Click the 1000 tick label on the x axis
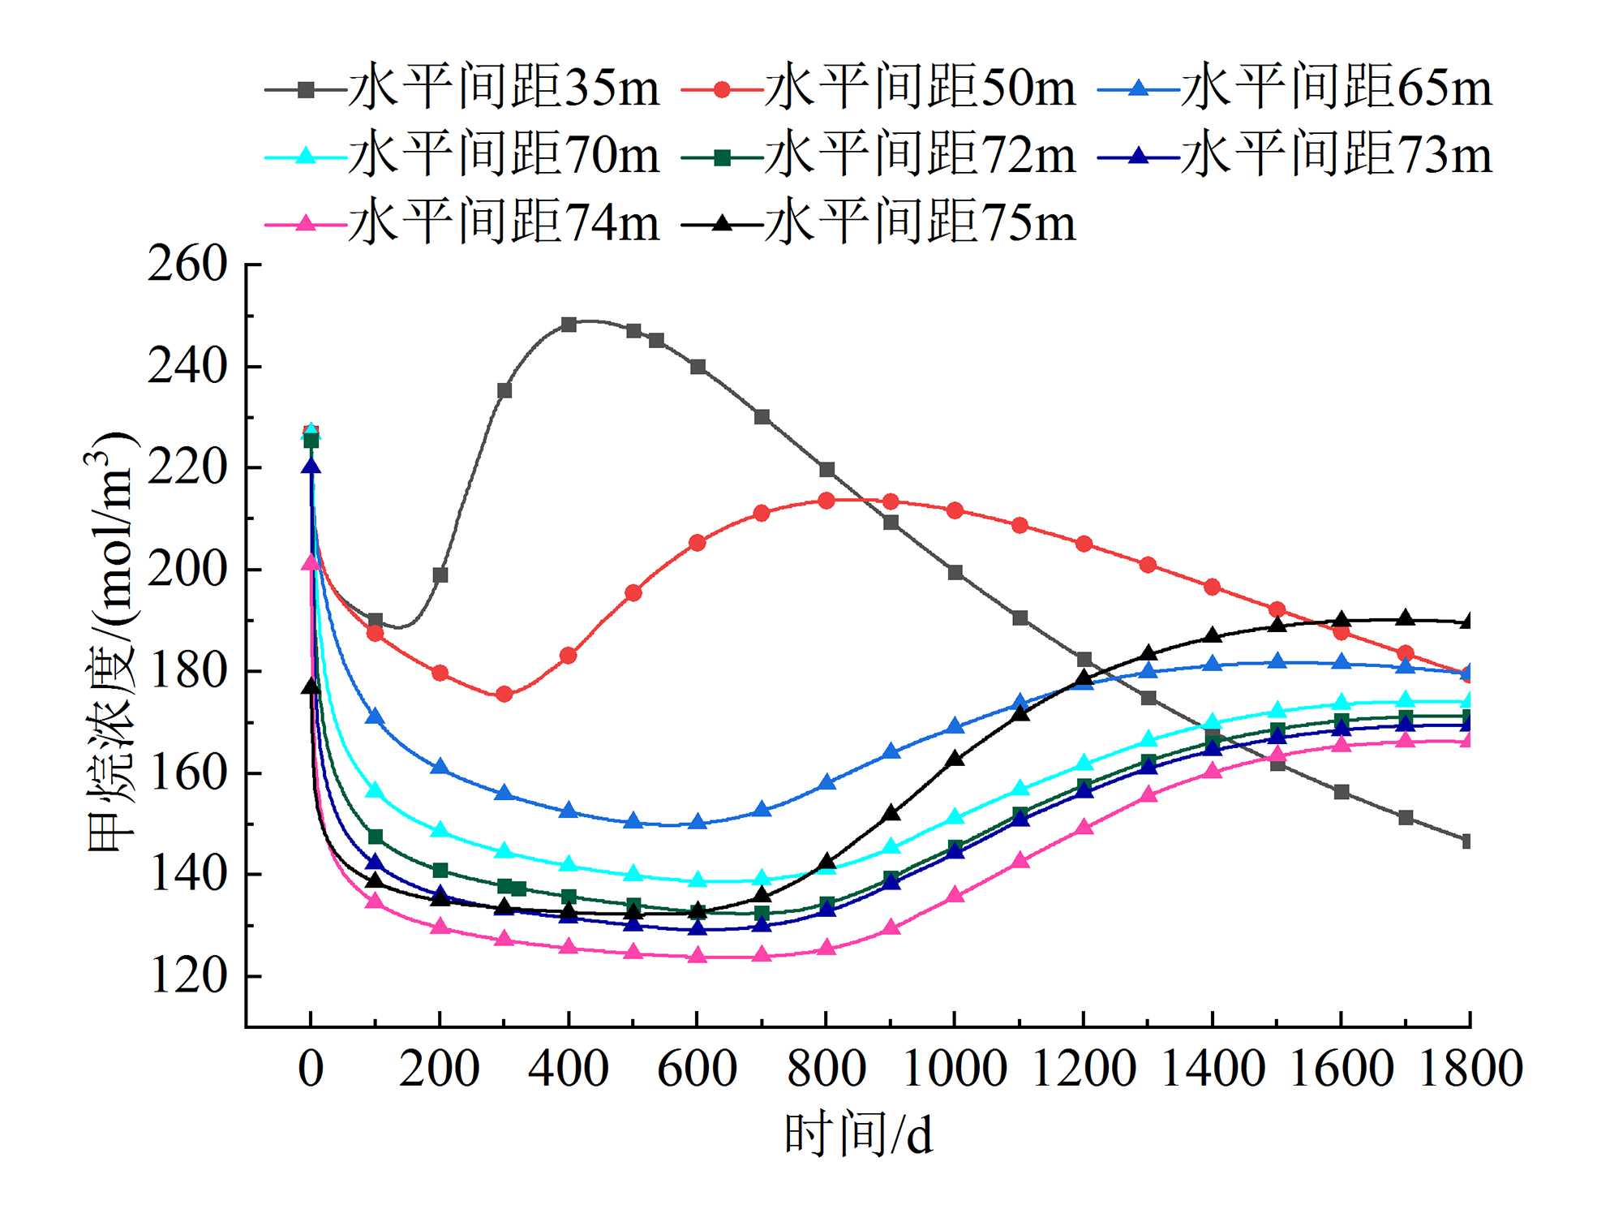tap(955, 1069)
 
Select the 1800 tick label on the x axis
tap(1470, 1069)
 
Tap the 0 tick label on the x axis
tap(311, 1069)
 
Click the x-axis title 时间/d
tap(858, 1134)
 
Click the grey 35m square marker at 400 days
tap(569, 325)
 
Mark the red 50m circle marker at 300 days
tap(504, 694)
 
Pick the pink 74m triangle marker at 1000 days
tap(955, 895)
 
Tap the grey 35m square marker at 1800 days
tap(1467, 841)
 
